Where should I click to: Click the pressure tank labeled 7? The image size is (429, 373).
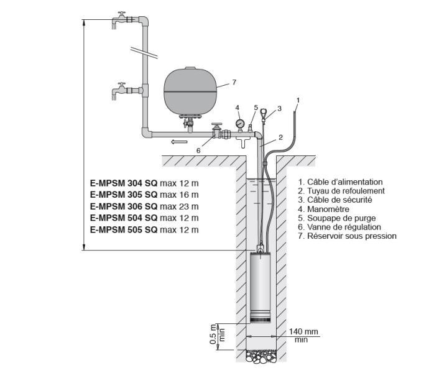pos(190,92)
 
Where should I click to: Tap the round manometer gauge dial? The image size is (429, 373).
pos(239,124)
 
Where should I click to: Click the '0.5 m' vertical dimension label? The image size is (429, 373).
pos(213,334)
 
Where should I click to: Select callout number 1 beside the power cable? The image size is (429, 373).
pos(298,99)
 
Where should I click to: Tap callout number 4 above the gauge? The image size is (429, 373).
pos(238,108)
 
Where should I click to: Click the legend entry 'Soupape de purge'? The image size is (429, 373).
pos(339,218)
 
